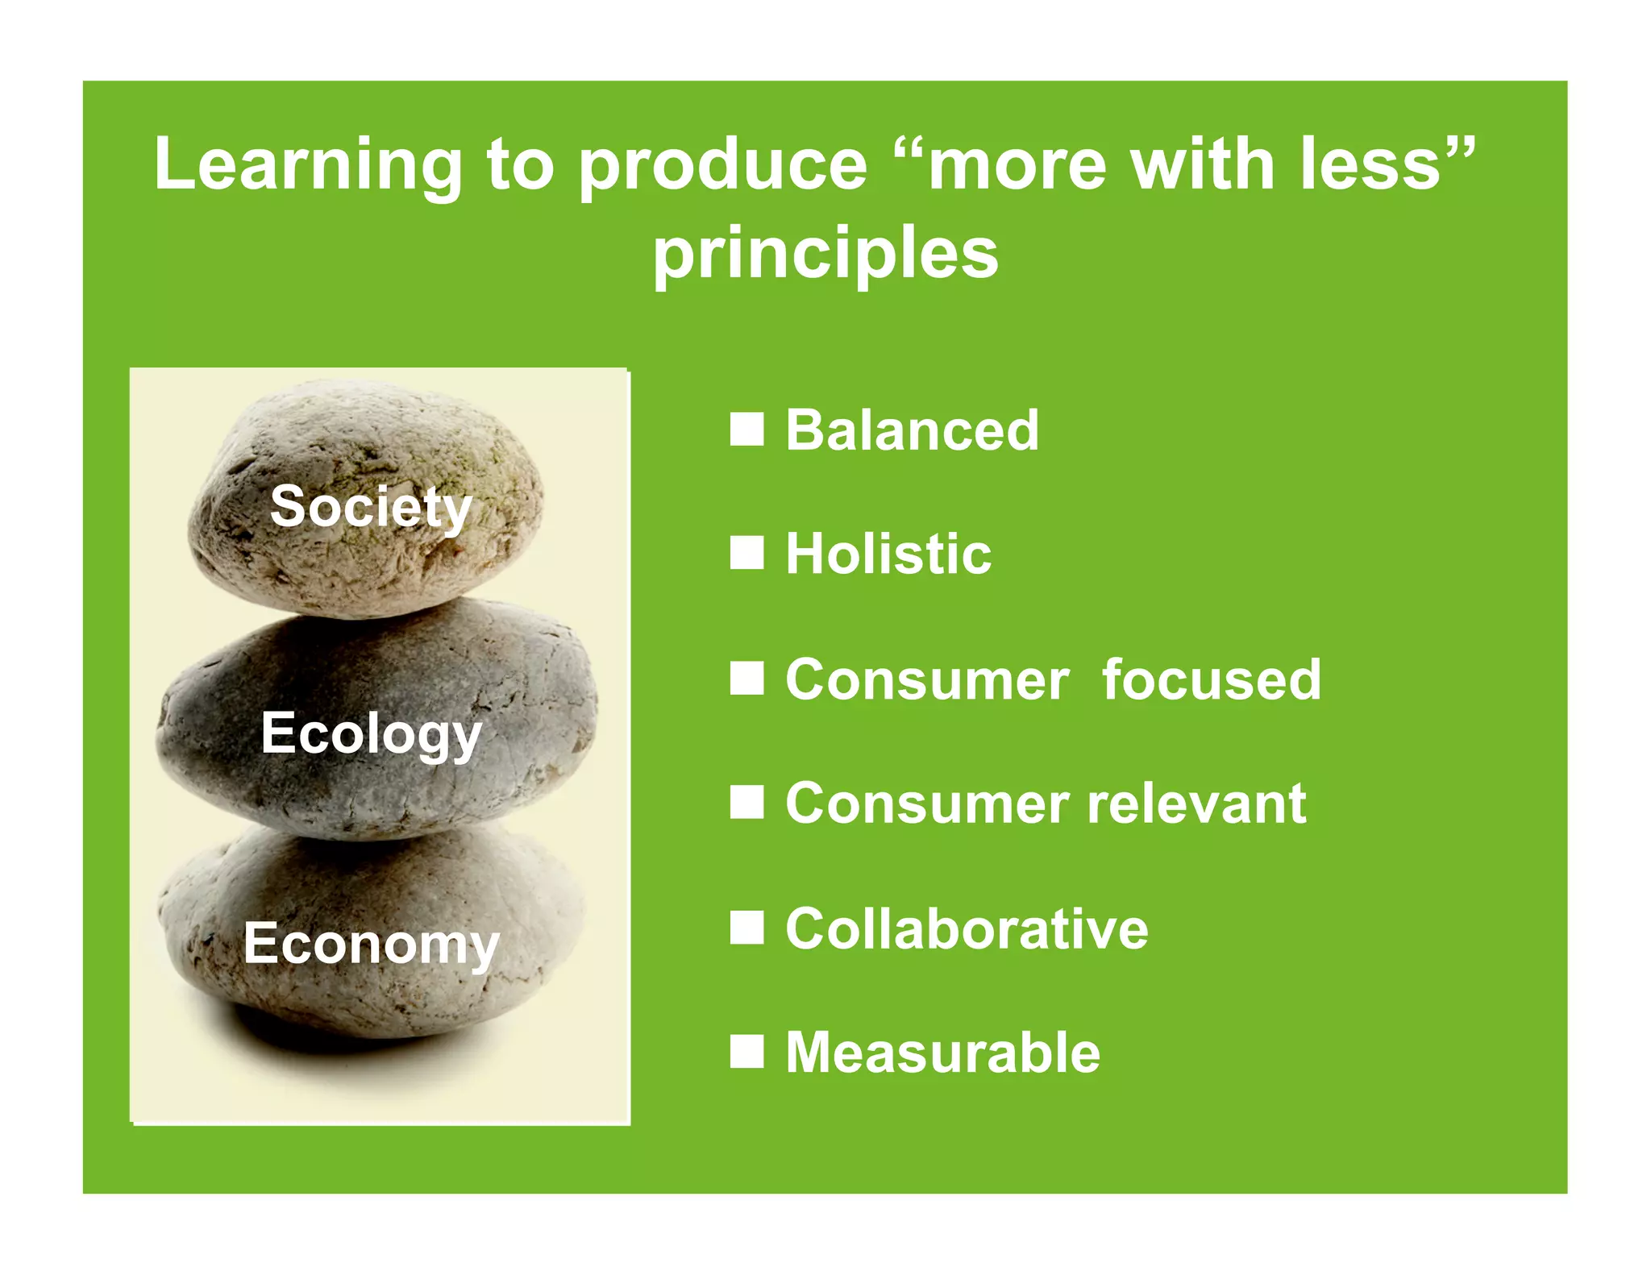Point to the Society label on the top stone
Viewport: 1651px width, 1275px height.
click(370, 508)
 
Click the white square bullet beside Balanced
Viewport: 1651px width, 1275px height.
click(746, 430)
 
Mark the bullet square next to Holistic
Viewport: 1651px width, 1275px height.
click(746, 554)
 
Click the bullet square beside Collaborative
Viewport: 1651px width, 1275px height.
click(746, 928)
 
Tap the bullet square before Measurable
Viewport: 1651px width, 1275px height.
click(746, 1052)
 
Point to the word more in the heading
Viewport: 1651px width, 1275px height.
click(1017, 165)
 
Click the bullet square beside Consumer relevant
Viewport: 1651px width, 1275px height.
click(746, 803)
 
